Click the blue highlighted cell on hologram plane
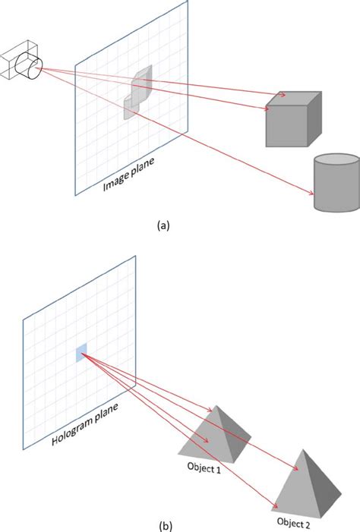(81, 352)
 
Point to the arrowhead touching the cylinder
(311, 194)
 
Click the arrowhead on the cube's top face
(283, 96)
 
